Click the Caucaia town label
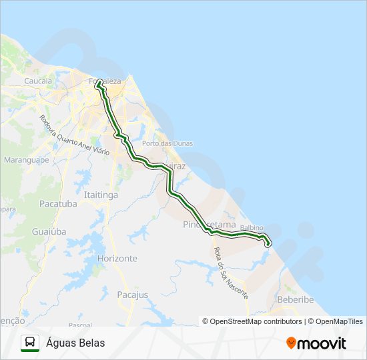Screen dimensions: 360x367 [x=38, y=81]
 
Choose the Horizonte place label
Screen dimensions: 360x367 [x=117, y=258]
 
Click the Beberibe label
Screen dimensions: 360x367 [x=295, y=299]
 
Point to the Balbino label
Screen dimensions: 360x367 [x=252, y=228]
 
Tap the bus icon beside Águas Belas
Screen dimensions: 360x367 [x=30, y=343]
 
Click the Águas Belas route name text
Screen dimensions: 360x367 [x=75, y=343]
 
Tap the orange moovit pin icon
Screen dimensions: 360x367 [x=291, y=343]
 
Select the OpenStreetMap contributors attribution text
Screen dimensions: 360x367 [x=256, y=321]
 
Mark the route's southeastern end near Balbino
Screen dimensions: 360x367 [x=268, y=245]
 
